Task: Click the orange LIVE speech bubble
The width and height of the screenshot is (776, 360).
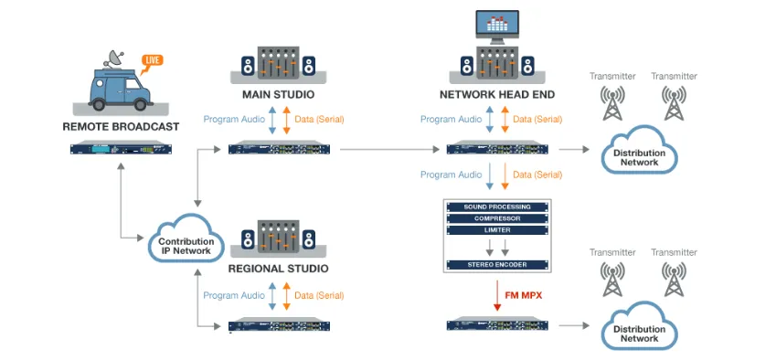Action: click(x=152, y=62)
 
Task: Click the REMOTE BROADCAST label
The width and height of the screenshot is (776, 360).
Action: click(x=121, y=126)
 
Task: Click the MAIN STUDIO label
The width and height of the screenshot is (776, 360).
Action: click(x=278, y=94)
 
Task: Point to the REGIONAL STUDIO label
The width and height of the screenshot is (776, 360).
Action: click(x=278, y=269)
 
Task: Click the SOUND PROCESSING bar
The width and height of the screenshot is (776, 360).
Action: click(x=498, y=206)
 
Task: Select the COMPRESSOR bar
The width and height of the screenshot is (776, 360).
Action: click(x=498, y=218)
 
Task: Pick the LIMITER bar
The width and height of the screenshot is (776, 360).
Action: click(x=498, y=230)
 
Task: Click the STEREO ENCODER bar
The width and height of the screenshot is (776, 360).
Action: click(x=498, y=264)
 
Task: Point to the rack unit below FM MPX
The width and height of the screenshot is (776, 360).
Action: click(x=497, y=325)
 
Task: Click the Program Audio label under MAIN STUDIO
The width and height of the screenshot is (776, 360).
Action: click(x=234, y=120)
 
